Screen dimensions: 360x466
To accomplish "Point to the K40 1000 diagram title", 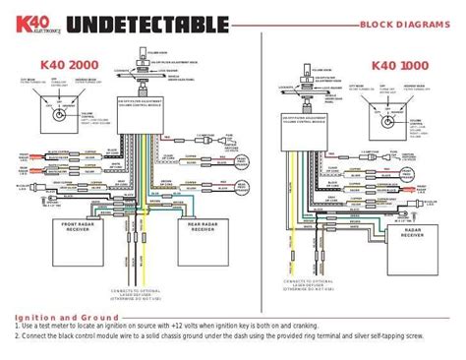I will (401, 65).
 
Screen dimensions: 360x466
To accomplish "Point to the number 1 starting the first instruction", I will (18, 328).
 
